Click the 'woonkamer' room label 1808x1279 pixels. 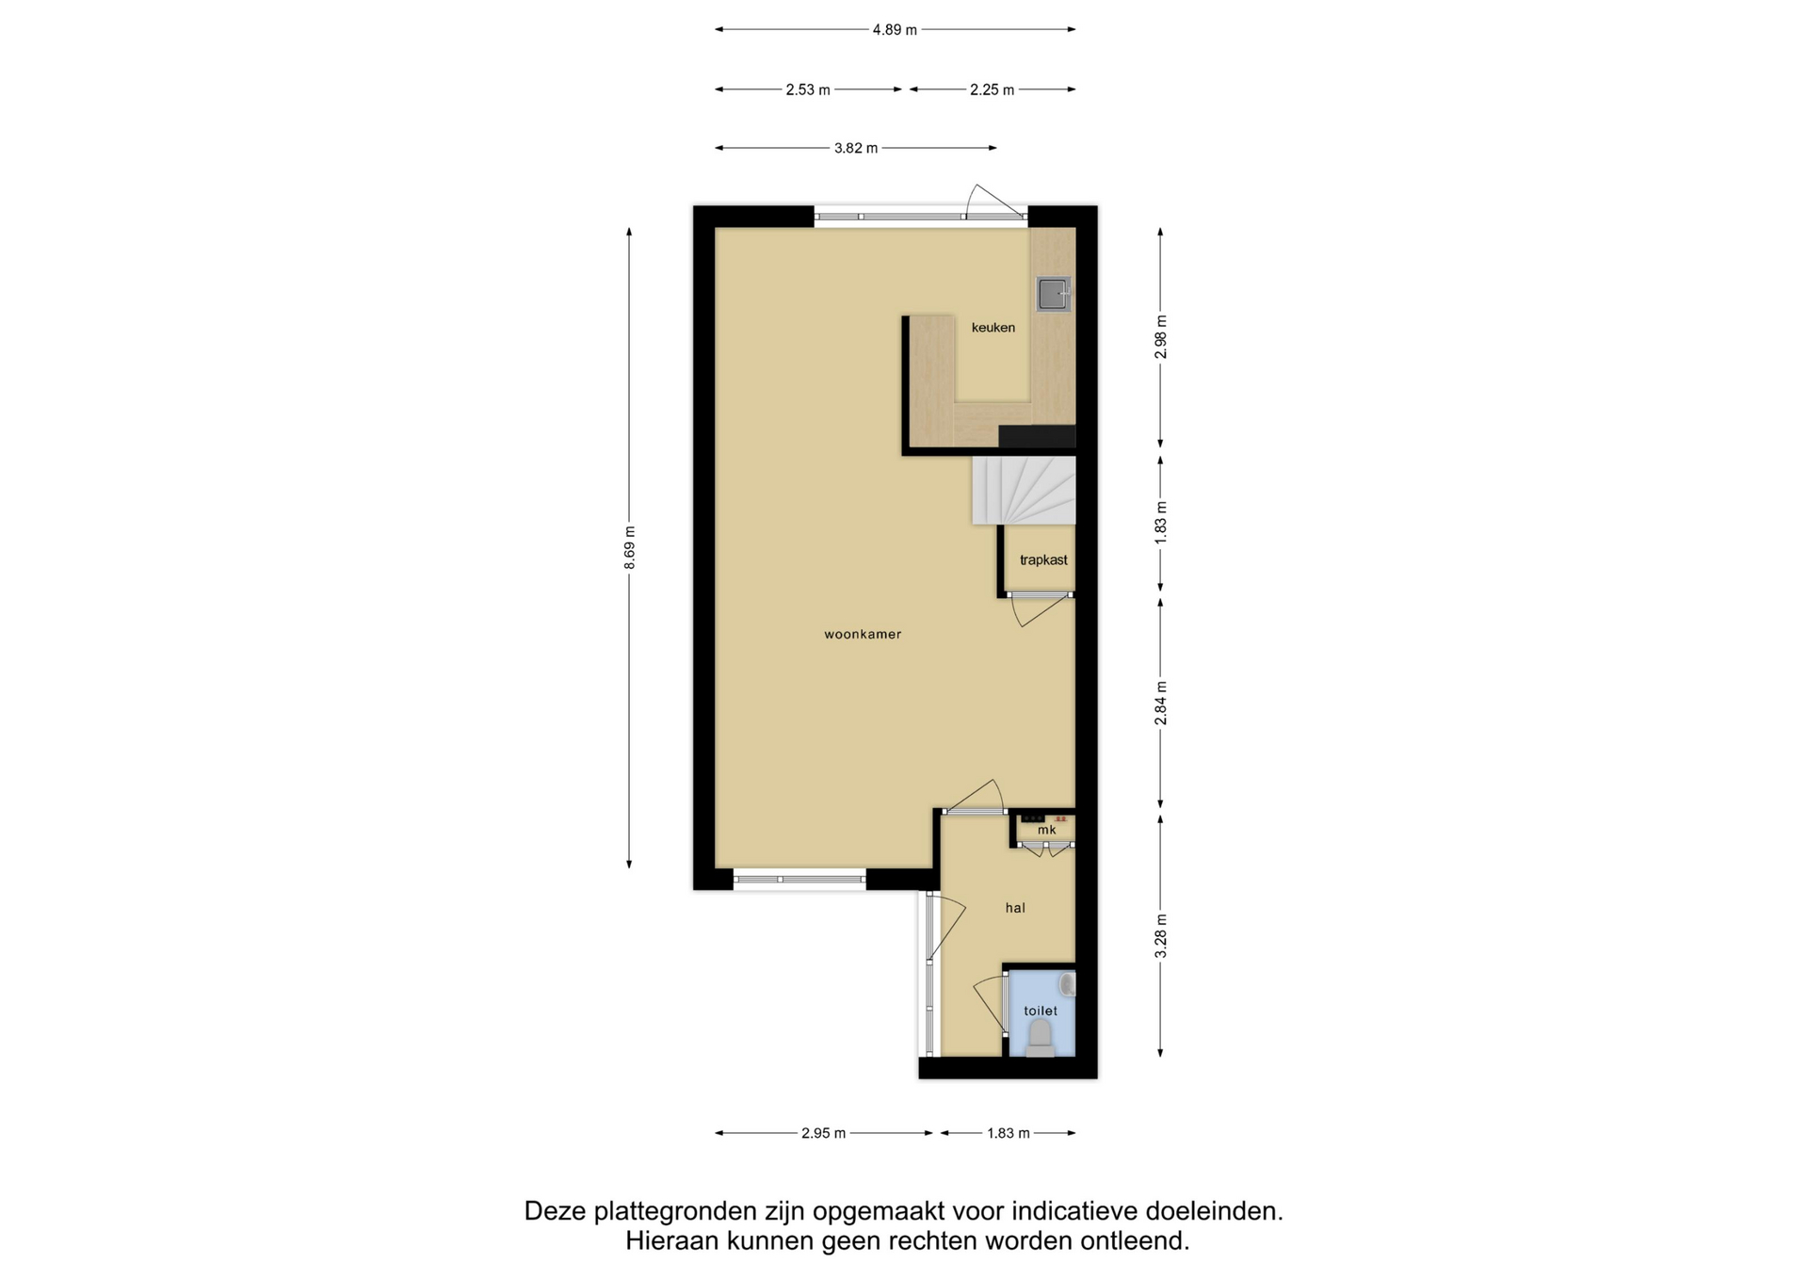point(863,634)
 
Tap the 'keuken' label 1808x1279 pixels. point(993,328)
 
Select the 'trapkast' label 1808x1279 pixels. point(1043,559)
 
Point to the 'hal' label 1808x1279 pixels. point(1015,908)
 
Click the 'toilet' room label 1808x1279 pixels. point(1041,1011)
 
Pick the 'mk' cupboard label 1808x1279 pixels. point(1047,830)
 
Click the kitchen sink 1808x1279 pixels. point(1054,294)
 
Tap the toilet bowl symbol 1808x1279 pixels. point(1041,1038)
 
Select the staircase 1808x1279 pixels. point(1024,491)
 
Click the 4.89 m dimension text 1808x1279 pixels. point(895,30)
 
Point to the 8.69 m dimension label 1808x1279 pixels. point(630,547)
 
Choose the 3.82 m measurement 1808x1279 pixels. point(856,148)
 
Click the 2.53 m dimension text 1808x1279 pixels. point(808,90)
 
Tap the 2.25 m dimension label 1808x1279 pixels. point(993,90)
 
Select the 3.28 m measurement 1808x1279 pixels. point(1161,936)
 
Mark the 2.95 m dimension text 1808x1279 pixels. point(824,1133)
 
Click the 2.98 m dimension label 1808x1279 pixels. point(1161,337)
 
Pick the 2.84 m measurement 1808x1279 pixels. point(1161,704)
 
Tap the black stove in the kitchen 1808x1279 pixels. point(1037,436)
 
